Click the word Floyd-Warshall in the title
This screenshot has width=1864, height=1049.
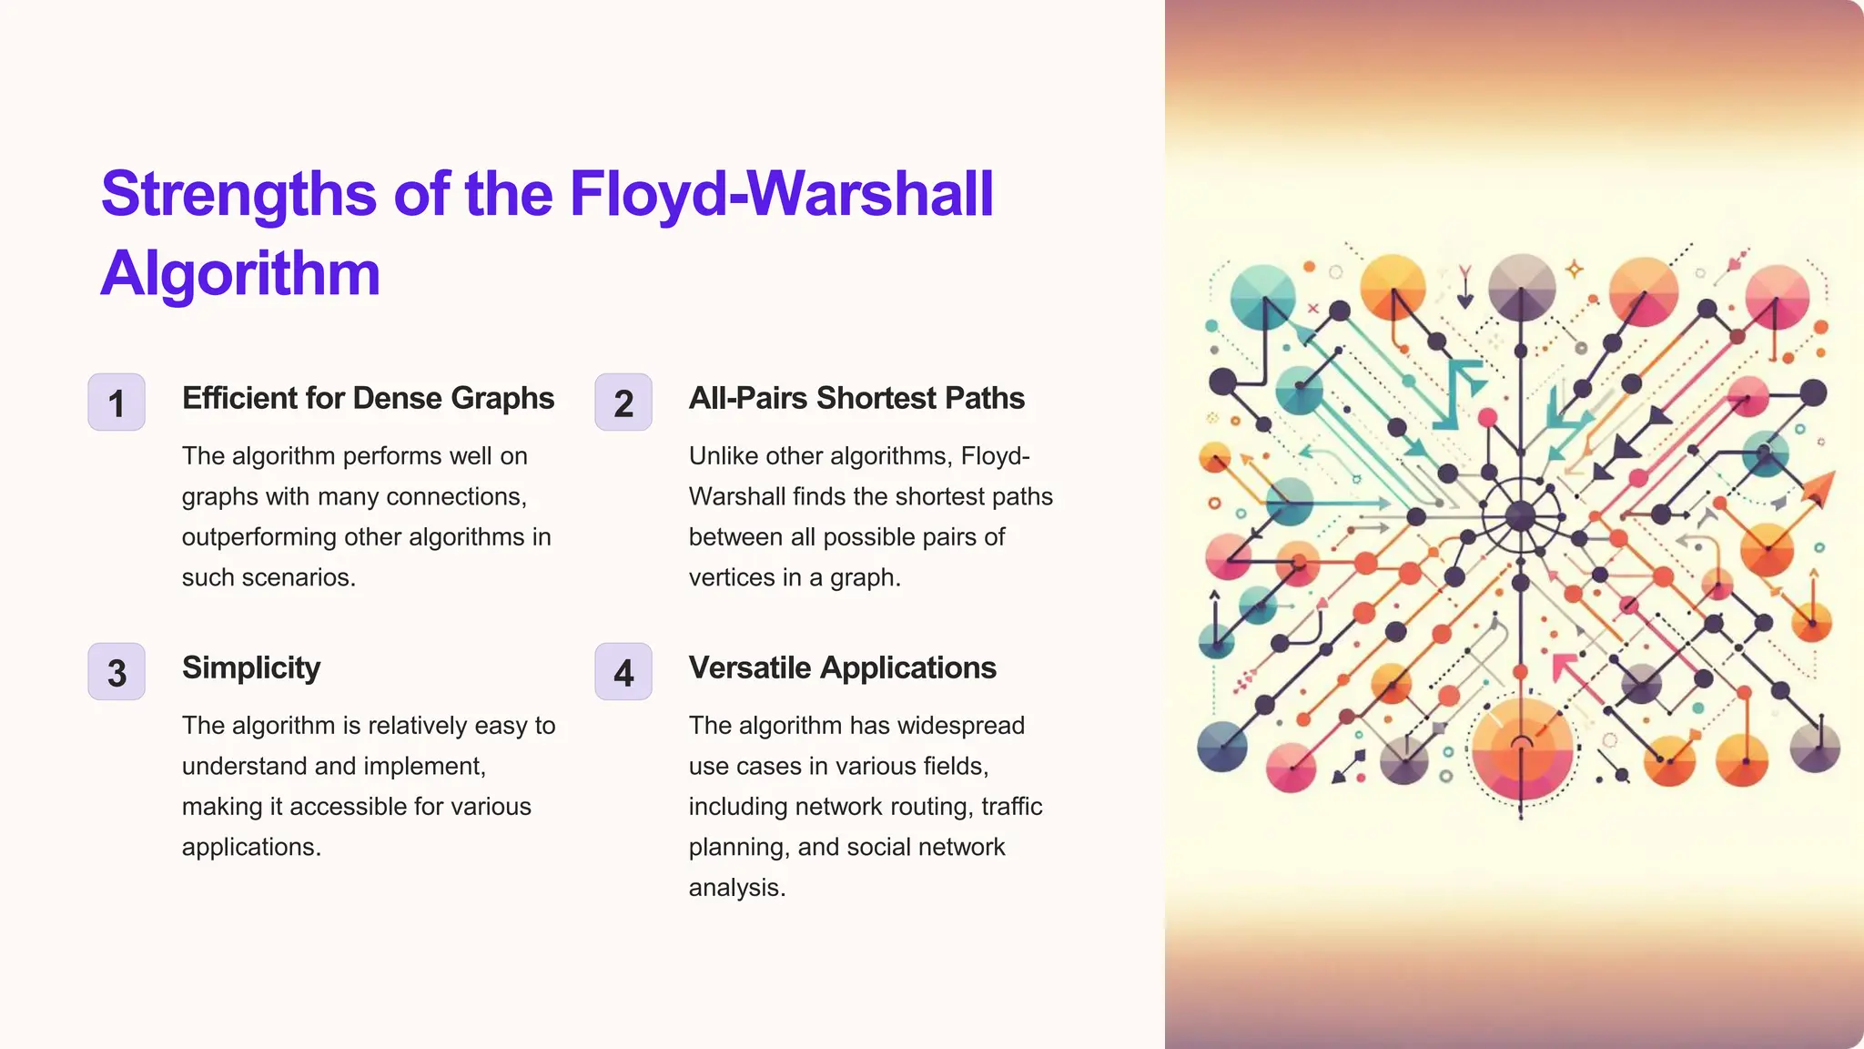pyautogui.click(x=781, y=194)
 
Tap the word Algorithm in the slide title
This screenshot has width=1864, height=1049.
pyautogui.click(x=240, y=273)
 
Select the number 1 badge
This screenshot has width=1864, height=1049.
pyautogui.click(x=116, y=402)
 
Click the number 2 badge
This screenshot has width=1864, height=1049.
pyautogui.click(x=623, y=402)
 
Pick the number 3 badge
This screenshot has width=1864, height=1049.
pyautogui.click(x=116, y=672)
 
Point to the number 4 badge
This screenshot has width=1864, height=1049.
pyautogui.click(x=623, y=672)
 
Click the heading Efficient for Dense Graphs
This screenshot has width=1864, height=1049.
pyautogui.click(x=368, y=398)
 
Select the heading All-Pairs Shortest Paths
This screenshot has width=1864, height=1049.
pyautogui.click(x=856, y=398)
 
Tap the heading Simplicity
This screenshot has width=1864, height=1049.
pyautogui.click(x=251, y=667)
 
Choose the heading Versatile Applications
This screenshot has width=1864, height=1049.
pyautogui.click(x=842, y=667)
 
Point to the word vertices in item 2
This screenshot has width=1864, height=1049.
pyautogui.click(x=725, y=577)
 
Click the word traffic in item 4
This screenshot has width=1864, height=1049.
pyautogui.click(x=1012, y=807)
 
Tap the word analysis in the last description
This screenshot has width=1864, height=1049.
pyautogui.click(x=735, y=888)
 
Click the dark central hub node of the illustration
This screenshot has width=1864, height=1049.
pyautogui.click(x=1521, y=516)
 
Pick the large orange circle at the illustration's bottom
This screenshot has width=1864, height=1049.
pyautogui.click(x=1523, y=749)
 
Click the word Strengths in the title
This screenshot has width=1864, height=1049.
pyautogui.click(x=238, y=194)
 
